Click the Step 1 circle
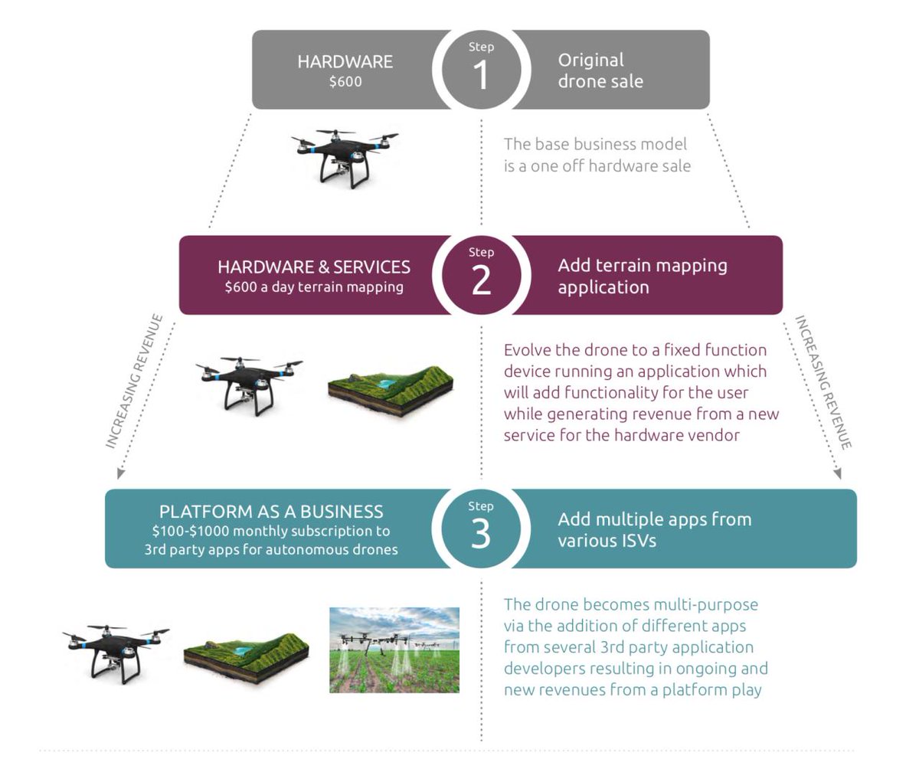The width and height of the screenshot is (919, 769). pos(481,70)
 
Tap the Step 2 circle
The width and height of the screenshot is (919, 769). pos(481,275)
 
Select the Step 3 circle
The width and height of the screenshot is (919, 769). pos(481,528)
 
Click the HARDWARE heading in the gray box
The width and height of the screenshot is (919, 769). pos(345,61)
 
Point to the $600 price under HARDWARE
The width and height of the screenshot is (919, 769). pos(345,82)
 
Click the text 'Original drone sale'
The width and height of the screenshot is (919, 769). pos(600,70)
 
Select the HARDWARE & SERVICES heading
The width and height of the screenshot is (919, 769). pos(314,267)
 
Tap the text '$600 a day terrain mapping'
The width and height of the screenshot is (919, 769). pos(314,287)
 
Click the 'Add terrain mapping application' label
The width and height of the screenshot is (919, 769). pos(642,276)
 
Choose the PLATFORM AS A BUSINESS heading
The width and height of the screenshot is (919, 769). pos(271,511)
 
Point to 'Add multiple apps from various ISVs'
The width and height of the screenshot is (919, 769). pos(654,529)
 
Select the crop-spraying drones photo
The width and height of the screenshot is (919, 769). pos(394,650)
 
